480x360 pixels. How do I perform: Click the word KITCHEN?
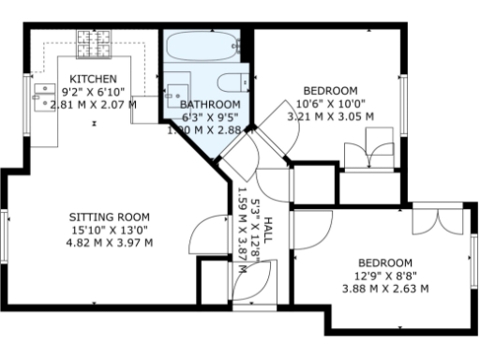pyautogui.click(x=94, y=79)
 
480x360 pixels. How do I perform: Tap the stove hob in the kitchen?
pyautogui.click(x=95, y=41)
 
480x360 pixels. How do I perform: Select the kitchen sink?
pyautogui.click(x=43, y=94)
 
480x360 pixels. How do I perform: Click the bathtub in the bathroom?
pyautogui.click(x=202, y=44)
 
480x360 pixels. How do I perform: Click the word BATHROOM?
pyautogui.click(x=210, y=105)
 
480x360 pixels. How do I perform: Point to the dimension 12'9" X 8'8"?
pyautogui.click(x=385, y=276)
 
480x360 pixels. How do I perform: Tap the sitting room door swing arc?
pyautogui.click(x=206, y=231)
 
